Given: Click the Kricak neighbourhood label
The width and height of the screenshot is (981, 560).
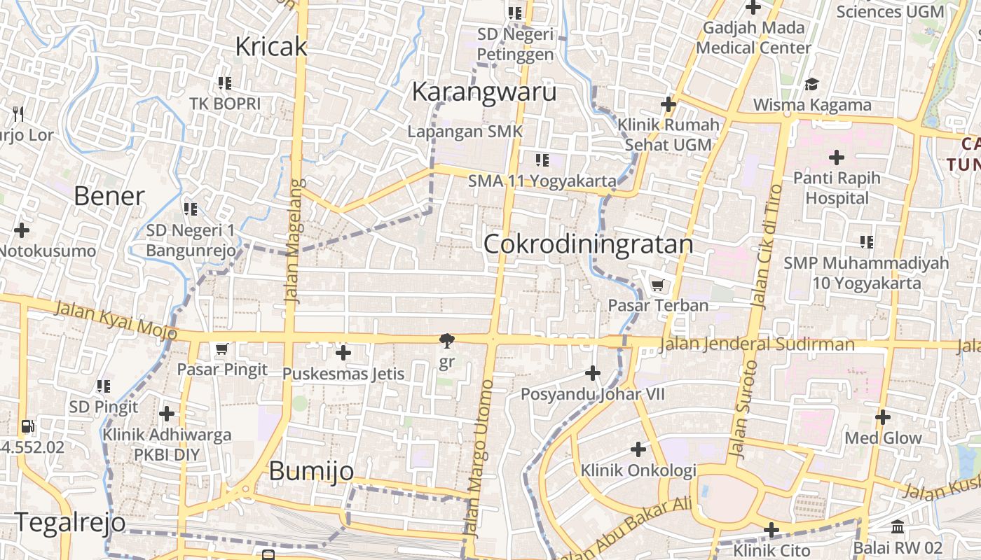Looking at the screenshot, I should (x=271, y=46).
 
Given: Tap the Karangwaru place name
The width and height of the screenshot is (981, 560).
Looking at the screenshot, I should (x=484, y=92).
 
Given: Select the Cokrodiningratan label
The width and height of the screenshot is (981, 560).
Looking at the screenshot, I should (x=588, y=244).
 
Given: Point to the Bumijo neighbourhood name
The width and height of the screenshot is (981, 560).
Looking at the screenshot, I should (x=311, y=471).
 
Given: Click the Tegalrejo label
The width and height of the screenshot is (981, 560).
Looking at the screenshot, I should (x=69, y=522).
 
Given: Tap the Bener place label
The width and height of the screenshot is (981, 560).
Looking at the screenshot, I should (x=109, y=197).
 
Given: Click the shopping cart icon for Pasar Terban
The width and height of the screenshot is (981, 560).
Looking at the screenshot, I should (x=657, y=285).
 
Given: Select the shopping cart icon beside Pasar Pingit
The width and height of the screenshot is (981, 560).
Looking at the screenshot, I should (x=222, y=349).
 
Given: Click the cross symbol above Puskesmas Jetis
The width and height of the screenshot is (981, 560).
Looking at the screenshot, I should (x=343, y=353).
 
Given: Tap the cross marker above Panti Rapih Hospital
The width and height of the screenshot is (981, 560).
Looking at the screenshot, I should (x=836, y=157).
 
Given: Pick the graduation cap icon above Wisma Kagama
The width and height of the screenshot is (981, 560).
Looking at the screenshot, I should (x=811, y=85).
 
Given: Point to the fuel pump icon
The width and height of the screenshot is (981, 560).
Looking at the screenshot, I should (x=27, y=426).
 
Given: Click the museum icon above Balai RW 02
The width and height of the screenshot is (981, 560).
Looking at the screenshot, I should (x=898, y=526).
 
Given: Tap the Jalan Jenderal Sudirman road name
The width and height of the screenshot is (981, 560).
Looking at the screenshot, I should (x=757, y=344).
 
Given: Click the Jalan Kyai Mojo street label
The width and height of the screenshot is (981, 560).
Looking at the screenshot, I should (x=116, y=319).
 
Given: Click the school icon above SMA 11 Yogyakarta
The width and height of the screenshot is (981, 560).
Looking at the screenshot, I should (x=542, y=160).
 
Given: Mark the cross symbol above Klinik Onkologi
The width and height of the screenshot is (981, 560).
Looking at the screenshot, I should (x=638, y=449).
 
